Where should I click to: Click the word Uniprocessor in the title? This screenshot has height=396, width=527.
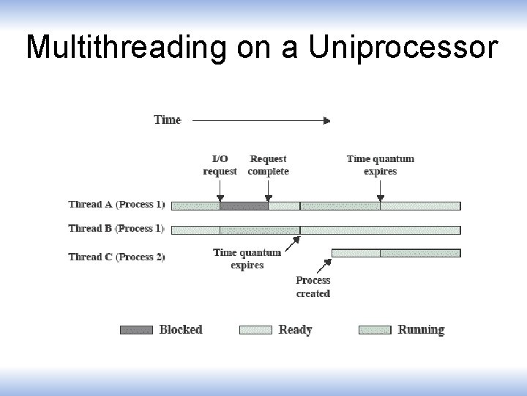tap(403, 47)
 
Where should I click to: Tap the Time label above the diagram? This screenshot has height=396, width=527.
tap(167, 120)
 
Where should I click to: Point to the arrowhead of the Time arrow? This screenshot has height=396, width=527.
tap(326, 120)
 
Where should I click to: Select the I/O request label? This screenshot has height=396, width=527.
tap(220, 165)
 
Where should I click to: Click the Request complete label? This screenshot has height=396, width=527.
tap(269, 165)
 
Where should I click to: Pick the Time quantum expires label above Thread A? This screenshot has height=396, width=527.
tap(380, 165)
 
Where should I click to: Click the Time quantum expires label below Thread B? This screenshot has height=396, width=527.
tap(247, 259)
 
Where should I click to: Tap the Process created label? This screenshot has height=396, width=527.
tap(313, 287)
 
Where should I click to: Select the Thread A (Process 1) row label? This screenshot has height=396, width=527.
tap(117, 205)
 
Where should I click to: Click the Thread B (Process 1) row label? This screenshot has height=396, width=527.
tap(117, 229)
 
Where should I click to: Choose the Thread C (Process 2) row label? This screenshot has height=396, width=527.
tap(117, 257)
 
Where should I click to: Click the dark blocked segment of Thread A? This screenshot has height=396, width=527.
tap(244, 206)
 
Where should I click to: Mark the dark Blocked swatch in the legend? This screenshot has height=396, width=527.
tap(136, 330)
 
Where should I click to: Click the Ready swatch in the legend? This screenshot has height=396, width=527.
tap(255, 330)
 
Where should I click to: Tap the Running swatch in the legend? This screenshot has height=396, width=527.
tap(375, 330)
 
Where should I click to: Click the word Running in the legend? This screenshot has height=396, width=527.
tap(421, 330)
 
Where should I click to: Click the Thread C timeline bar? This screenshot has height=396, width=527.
tap(396, 253)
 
